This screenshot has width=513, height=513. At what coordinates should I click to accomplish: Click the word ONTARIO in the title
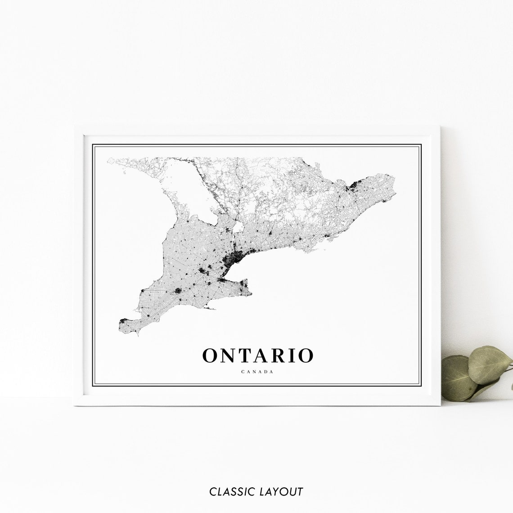tap(257, 355)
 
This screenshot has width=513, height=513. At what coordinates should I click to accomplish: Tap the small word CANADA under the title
tap(257, 372)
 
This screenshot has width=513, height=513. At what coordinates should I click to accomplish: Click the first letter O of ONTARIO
tap(211, 355)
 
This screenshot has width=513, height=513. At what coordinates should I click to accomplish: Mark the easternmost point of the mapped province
tap(395, 194)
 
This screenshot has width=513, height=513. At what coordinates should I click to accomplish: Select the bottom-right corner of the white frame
tap(439, 405)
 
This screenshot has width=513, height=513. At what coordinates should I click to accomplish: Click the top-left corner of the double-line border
tap(93, 144)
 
